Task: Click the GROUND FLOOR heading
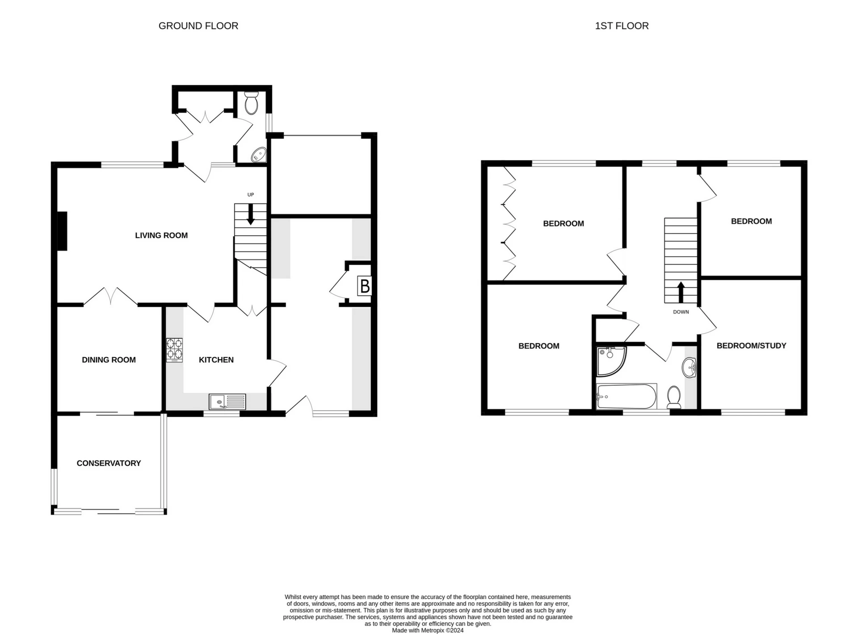pyautogui.click(x=198, y=26)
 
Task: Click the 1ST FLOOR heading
pyautogui.click(x=621, y=26)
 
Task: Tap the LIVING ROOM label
pyautogui.click(x=161, y=235)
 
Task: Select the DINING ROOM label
pyautogui.click(x=109, y=360)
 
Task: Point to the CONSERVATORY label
pyautogui.click(x=109, y=463)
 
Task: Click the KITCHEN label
pyautogui.click(x=216, y=360)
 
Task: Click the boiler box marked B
pyautogui.click(x=365, y=286)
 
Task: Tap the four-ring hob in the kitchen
pyautogui.click(x=174, y=350)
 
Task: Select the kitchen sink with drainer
pyautogui.click(x=227, y=402)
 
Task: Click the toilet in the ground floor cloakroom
pyautogui.click(x=252, y=103)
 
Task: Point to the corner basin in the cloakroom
pyautogui.click(x=259, y=155)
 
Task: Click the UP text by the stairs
pyautogui.click(x=251, y=195)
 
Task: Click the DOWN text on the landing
pyautogui.click(x=681, y=312)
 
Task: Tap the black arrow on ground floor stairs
pyautogui.click(x=251, y=214)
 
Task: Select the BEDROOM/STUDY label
pyautogui.click(x=751, y=345)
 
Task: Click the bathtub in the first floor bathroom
pyautogui.click(x=626, y=396)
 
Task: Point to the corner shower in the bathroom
pyautogui.click(x=610, y=361)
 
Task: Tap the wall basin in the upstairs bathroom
pyautogui.click(x=690, y=368)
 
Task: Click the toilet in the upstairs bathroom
pyautogui.click(x=674, y=397)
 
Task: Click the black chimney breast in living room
pyautogui.click(x=62, y=231)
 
